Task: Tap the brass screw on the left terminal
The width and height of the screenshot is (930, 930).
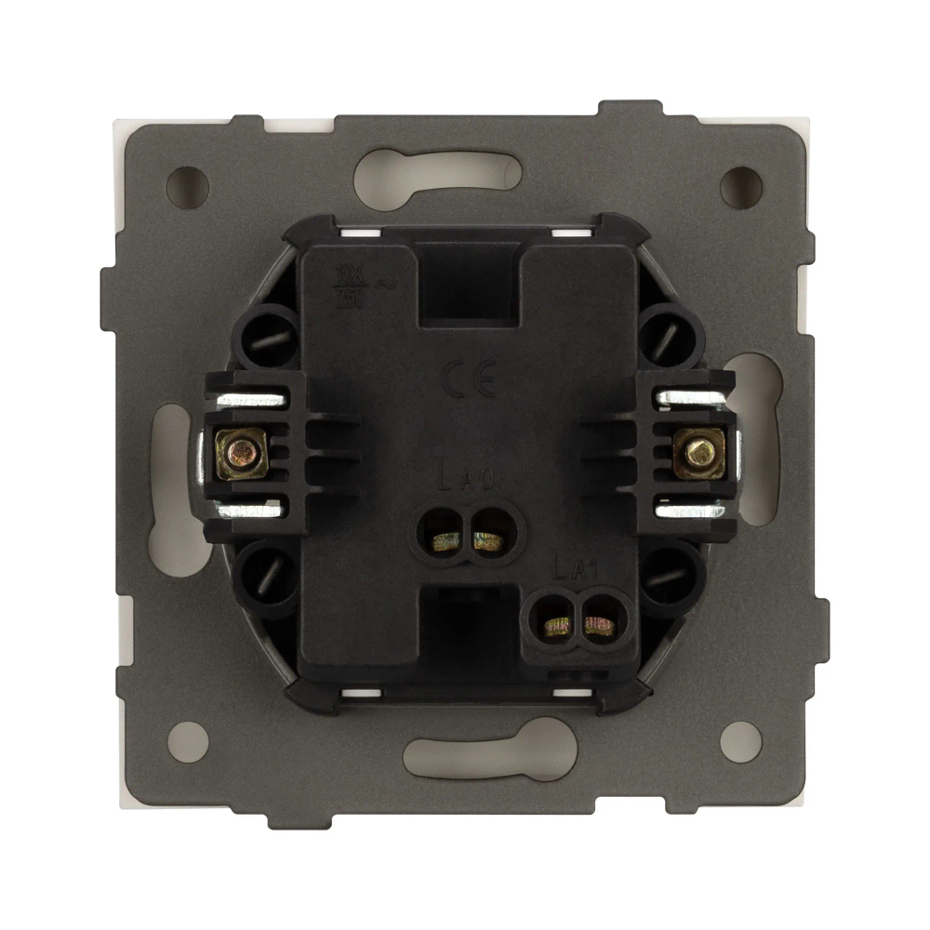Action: point(242,454)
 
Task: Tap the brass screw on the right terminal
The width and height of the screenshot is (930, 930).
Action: point(697,454)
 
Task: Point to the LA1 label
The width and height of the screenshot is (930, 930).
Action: point(574,569)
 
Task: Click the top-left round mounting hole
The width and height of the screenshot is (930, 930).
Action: point(187,186)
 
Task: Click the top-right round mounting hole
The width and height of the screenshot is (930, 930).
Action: point(741,186)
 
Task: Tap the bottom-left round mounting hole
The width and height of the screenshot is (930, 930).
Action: point(188,741)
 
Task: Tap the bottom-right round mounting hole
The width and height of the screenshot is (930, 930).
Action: point(740,741)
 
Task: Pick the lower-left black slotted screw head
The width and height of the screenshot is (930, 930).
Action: point(266,581)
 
